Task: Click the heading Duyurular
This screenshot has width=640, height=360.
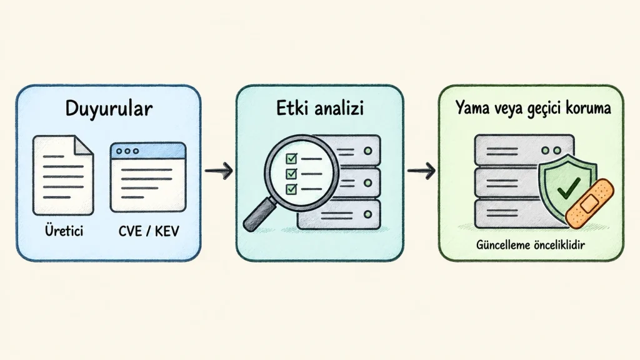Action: click(x=109, y=109)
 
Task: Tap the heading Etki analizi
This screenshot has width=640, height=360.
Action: click(x=320, y=109)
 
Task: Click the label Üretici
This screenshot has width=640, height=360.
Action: click(x=64, y=231)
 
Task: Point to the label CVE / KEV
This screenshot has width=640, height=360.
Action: click(x=149, y=231)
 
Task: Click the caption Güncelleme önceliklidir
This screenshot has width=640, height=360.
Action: click(x=531, y=245)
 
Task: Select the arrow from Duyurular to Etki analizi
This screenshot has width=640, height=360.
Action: click(x=219, y=171)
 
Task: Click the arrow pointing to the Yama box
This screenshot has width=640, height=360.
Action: click(x=421, y=171)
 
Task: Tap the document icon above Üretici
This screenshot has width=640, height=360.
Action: click(x=63, y=176)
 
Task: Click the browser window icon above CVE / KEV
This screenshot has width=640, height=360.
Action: click(x=148, y=177)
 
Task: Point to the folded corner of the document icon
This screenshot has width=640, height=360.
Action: click(x=83, y=145)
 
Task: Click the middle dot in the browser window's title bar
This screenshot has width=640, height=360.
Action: click(x=127, y=151)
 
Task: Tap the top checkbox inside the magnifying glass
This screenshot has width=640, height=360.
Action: click(x=291, y=158)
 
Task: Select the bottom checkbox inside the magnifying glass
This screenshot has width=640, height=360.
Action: click(x=291, y=189)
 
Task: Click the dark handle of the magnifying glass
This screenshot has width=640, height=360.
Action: click(x=259, y=215)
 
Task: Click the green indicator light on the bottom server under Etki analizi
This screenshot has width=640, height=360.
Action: click(x=367, y=214)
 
